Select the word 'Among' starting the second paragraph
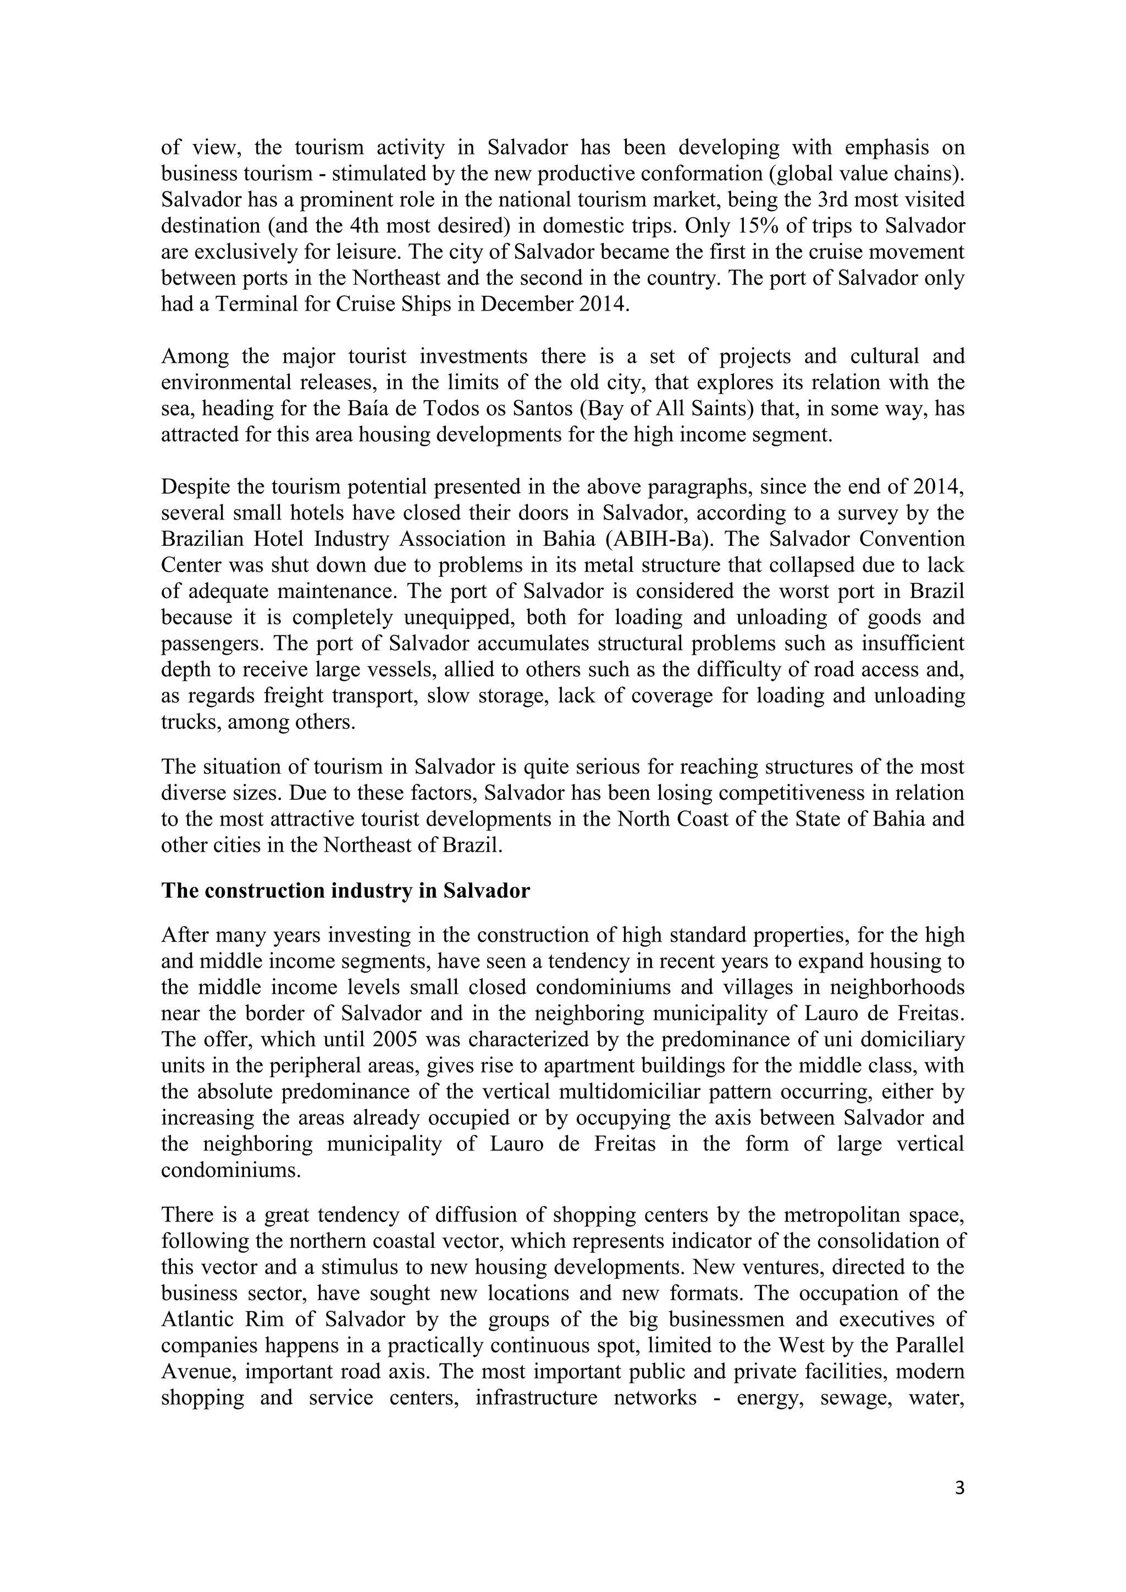(194, 356)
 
